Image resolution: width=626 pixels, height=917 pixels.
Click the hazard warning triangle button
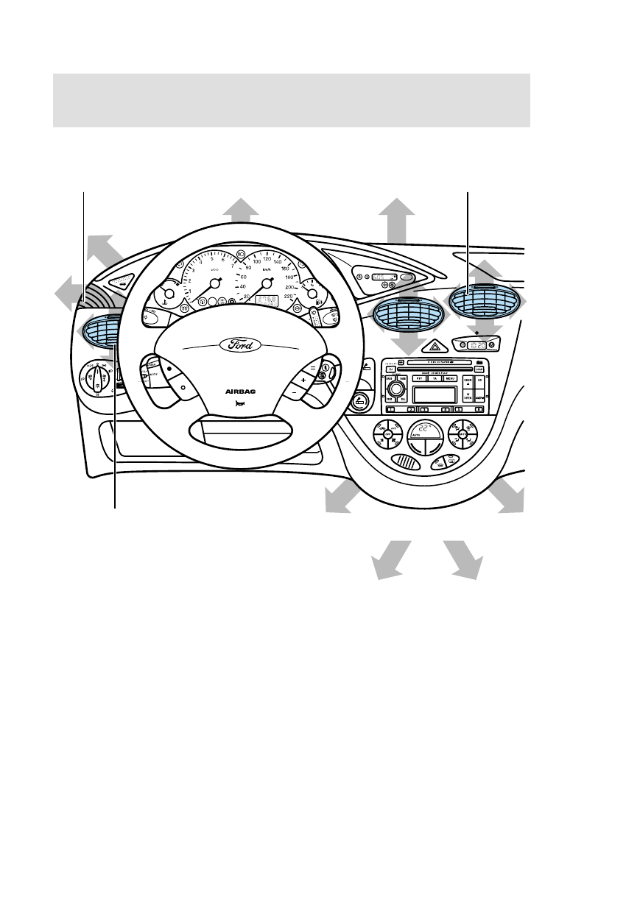tap(435, 345)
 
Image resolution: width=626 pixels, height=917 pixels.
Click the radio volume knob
tap(398, 388)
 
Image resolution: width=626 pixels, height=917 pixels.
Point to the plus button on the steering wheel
tap(303, 380)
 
